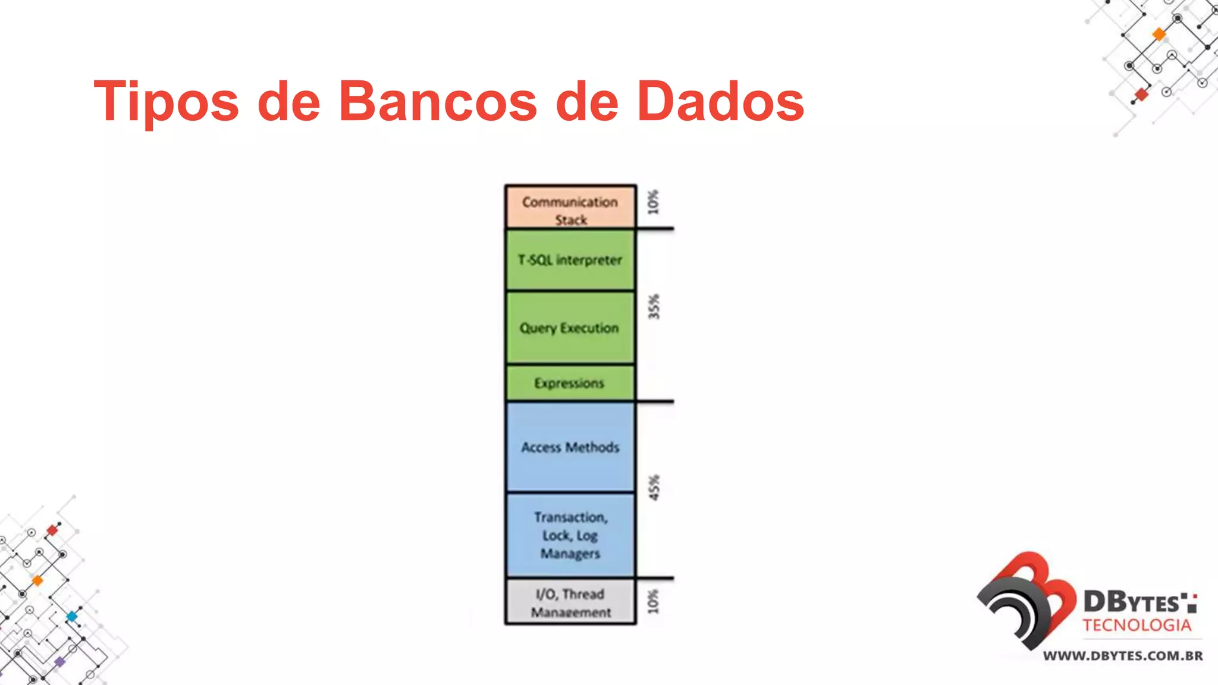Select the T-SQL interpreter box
(570, 260)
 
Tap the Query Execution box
(570, 328)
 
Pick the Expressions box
(570, 383)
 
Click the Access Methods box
(570, 447)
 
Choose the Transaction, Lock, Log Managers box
(570, 535)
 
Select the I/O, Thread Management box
(570, 602)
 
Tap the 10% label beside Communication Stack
(654, 202)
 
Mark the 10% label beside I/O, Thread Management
(654, 602)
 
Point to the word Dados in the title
(720, 101)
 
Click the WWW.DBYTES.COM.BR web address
(1123, 656)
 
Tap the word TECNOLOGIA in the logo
(1137, 626)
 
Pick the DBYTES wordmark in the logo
(1133, 602)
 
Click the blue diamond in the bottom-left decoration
(72, 616)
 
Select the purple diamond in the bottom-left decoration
(59, 661)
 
